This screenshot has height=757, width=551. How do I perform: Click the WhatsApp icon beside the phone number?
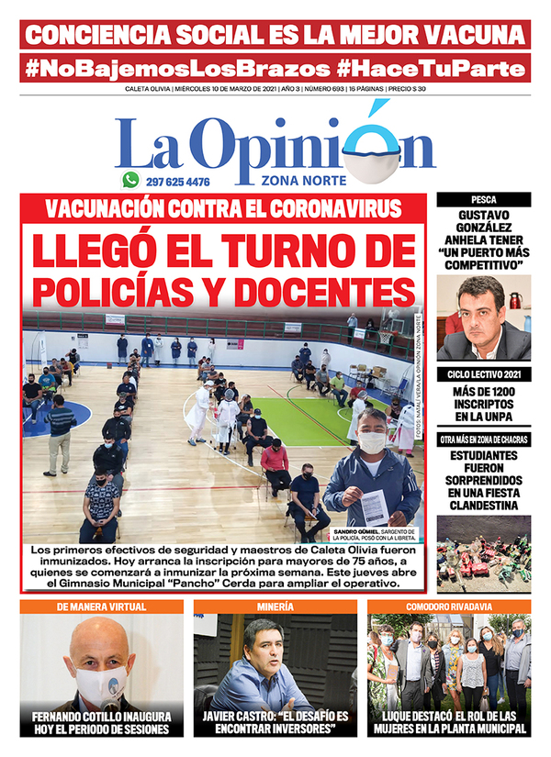click(x=130, y=181)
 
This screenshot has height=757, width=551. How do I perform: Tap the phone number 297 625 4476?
click(x=178, y=182)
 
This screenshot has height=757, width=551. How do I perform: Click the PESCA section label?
click(x=484, y=198)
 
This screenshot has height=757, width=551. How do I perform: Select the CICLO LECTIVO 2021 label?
click(x=484, y=374)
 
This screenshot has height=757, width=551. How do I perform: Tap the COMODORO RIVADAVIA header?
click(x=449, y=607)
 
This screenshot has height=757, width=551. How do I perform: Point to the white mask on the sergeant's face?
click(x=370, y=441)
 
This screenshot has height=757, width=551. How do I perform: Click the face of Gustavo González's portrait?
click(x=483, y=310)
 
